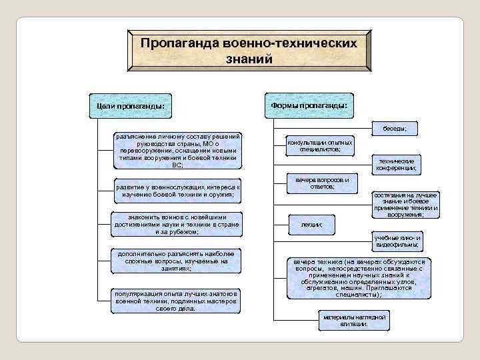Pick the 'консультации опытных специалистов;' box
click(x=320, y=146)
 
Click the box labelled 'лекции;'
click(x=311, y=225)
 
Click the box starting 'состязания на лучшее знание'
click(x=405, y=205)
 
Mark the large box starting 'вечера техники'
click(x=359, y=278)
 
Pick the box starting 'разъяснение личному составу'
click(x=177, y=150)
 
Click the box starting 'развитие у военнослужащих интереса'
click(x=177, y=191)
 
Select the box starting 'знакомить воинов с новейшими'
click(x=177, y=225)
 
